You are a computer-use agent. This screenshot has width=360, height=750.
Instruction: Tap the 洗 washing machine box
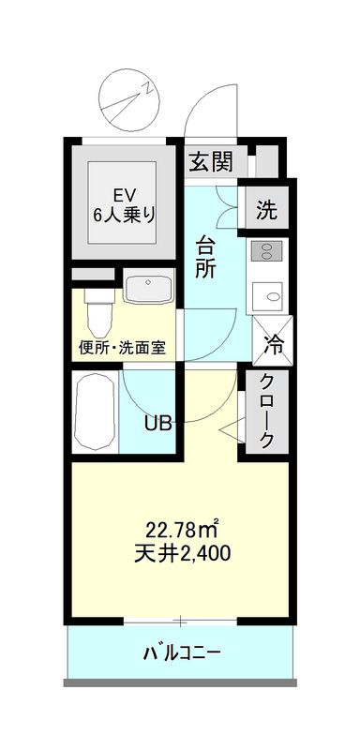click(x=267, y=210)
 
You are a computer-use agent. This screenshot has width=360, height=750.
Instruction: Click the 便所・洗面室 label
click(x=122, y=347)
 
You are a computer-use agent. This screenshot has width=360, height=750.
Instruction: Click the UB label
click(x=157, y=423)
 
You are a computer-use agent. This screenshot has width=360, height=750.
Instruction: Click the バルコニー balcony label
click(x=182, y=652)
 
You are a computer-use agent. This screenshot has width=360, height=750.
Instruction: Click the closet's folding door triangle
click(x=230, y=430)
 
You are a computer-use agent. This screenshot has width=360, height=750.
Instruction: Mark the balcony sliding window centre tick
click(x=181, y=621)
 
